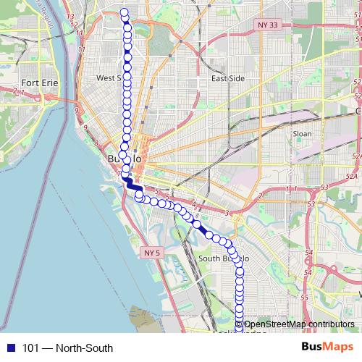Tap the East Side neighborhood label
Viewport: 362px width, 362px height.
pyautogui.click(x=227, y=78)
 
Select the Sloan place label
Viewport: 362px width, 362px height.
pyautogui.click(x=302, y=134)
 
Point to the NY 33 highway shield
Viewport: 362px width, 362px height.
pyautogui.click(x=267, y=25)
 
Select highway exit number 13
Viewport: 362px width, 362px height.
pyautogui.click(x=71, y=16)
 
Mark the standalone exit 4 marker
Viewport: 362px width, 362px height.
pyautogui.click(x=194, y=203)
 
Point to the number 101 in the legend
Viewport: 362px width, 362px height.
pyautogui.click(x=30, y=348)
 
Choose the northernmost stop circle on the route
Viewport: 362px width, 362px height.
pyautogui.click(x=124, y=12)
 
